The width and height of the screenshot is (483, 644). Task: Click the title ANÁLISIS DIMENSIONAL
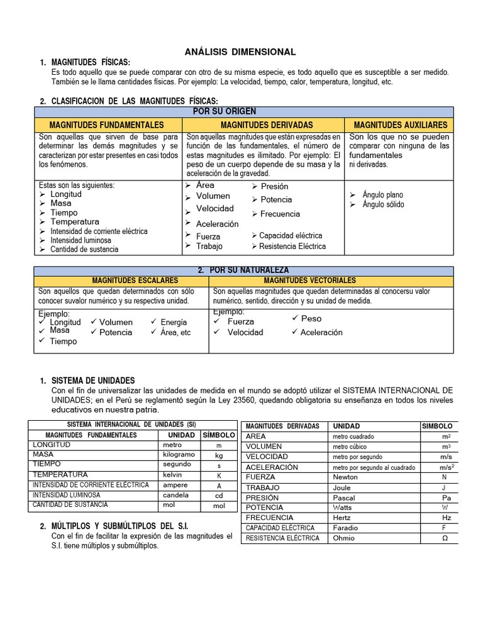(x=240, y=52)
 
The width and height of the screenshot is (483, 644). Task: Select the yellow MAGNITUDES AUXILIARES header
(x=401, y=125)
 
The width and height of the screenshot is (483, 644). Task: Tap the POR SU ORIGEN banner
(x=241, y=111)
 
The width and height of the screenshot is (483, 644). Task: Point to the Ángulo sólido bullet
(x=383, y=204)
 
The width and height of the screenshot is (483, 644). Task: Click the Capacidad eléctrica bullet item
(x=291, y=235)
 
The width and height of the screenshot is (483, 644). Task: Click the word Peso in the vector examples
(x=311, y=318)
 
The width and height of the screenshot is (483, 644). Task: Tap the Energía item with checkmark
(x=174, y=322)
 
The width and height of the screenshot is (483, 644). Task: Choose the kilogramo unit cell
(x=179, y=455)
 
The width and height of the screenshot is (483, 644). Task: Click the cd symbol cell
(x=219, y=495)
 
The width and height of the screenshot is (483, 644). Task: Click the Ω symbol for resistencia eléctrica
(x=445, y=538)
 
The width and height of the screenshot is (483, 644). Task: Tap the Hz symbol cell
(x=446, y=518)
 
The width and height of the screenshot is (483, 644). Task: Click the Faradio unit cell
(x=346, y=528)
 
